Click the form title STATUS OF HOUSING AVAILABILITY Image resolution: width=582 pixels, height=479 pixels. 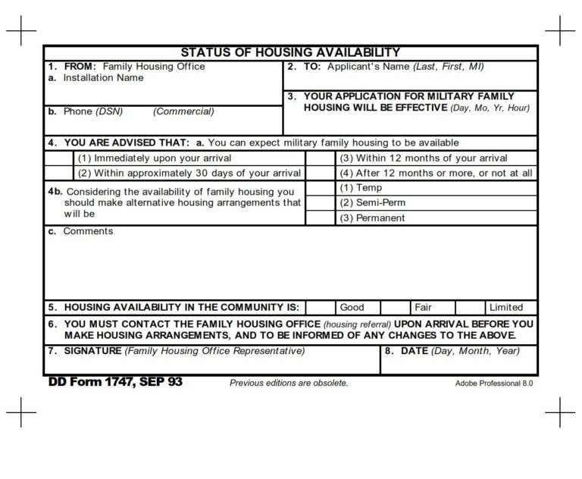click(290, 52)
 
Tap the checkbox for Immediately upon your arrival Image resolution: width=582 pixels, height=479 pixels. click(59, 158)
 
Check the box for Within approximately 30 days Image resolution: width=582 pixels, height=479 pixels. click(59, 173)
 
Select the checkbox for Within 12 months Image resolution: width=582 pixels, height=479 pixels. click(320, 158)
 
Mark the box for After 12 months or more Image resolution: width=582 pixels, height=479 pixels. click(320, 173)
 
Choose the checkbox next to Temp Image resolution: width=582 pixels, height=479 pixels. click(320, 188)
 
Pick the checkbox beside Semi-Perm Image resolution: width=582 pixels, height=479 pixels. click(320, 202)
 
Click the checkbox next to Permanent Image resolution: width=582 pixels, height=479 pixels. click(320, 218)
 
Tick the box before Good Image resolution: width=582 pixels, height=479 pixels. click(320, 307)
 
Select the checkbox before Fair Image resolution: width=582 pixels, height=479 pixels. click(395, 307)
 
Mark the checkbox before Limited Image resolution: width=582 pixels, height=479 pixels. click(470, 307)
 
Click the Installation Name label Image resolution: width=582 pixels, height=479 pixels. click(103, 78)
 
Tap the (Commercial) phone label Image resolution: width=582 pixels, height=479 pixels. click(183, 111)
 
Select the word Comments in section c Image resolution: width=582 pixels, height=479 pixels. click(88, 231)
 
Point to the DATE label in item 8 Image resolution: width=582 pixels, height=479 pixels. click(414, 351)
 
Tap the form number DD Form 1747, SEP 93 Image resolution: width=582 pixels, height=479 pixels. click(115, 382)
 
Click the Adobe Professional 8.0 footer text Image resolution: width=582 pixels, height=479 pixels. click(494, 384)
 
